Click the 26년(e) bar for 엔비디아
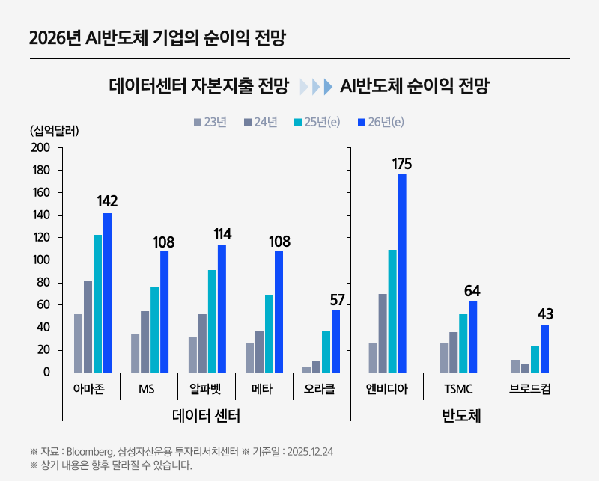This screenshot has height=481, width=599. click(402, 273)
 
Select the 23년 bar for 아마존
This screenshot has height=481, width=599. click(78, 343)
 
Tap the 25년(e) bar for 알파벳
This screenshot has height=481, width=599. click(212, 321)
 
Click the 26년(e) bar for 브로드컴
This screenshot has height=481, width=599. click(545, 348)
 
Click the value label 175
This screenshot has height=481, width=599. click(402, 164)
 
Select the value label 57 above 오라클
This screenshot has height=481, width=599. click(336, 300)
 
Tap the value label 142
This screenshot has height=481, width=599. click(107, 201)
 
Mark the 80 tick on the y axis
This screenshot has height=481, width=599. click(43, 283)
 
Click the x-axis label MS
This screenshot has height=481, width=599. click(147, 390)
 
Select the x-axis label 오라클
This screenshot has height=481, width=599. click(320, 390)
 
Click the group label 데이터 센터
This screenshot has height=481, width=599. click(206, 416)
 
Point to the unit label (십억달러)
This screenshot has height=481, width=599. click(55, 130)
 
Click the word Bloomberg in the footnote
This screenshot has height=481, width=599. click(89, 452)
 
